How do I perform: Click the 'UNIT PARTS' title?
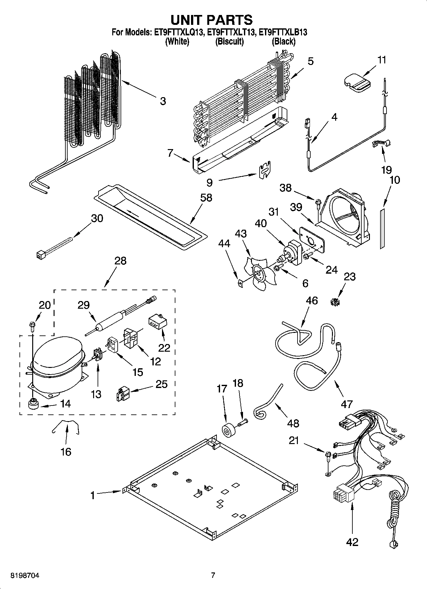point(211,20)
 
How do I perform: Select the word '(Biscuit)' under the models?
point(229,41)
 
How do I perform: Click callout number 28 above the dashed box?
point(120,261)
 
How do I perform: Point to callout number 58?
point(206,198)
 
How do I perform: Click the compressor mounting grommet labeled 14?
point(33,403)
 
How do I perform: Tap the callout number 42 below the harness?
point(352,542)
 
